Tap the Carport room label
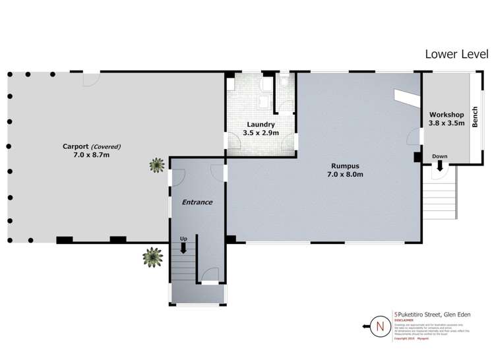tap(76, 146)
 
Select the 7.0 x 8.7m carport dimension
tap(92, 156)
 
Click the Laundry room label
tap(261, 125)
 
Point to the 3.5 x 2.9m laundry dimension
tap(261, 133)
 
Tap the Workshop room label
tap(447, 115)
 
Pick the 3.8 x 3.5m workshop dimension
tap(447, 123)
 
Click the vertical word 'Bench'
tap(475, 117)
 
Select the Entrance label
tap(197, 202)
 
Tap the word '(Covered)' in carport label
tap(106, 146)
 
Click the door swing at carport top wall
tap(90, 78)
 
